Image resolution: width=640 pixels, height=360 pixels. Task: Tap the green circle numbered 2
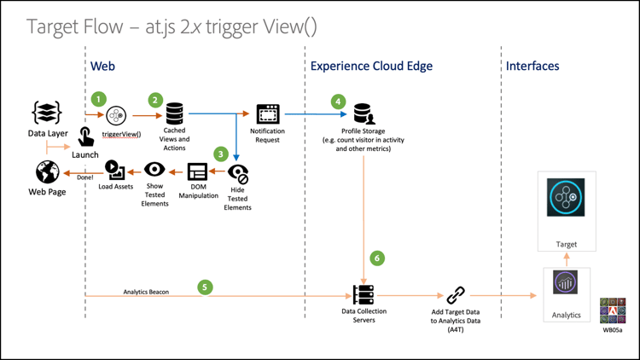click(x=155, y=100)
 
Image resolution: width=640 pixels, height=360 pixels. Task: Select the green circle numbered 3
click(x=221, y=154)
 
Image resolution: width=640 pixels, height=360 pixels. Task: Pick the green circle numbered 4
click(x=339, y=102)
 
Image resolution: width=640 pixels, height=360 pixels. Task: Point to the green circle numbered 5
click(x=205, y=287)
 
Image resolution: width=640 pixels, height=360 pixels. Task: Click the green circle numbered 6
click(x=377, y=258)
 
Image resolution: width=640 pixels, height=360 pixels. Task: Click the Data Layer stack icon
click(x=46, y=113)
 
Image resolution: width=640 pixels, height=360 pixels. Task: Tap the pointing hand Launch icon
click(x=85, y=136)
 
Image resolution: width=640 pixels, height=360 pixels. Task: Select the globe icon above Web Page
click(x=47, y=172)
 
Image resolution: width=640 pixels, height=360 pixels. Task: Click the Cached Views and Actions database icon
click(x=174, y=113)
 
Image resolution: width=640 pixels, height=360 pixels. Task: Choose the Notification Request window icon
click(x=268, y=113)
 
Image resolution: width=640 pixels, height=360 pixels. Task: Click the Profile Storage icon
click(x=364, y=113)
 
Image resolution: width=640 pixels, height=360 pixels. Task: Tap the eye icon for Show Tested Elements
click(x=154, y=170)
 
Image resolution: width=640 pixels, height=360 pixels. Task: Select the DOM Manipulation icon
click(x=197, y=171)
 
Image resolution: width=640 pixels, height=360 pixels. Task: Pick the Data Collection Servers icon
click(x=364, y=294)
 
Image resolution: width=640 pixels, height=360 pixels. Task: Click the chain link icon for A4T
click(x=456, y=295)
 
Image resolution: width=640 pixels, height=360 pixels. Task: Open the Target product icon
click(x=567, y=198)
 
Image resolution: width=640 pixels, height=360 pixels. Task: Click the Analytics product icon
click(x=566, y=282)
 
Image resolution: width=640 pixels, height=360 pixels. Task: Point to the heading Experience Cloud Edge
click(x=371, y=66)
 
